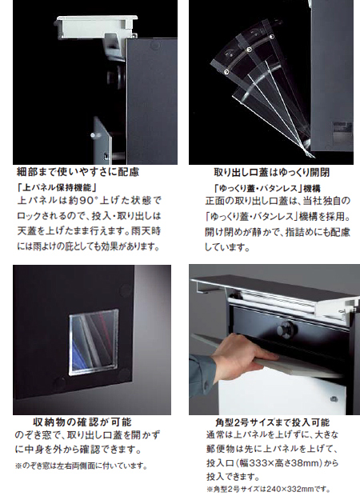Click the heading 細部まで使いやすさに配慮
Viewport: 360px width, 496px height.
78,172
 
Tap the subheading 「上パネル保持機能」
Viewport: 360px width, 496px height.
57,188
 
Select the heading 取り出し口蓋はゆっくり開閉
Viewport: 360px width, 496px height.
272,172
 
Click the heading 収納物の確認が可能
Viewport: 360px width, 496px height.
82,422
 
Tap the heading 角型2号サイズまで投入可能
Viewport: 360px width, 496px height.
272,422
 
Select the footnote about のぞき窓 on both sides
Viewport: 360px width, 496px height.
82,466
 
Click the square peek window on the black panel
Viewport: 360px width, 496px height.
94,342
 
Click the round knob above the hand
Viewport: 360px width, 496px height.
286,329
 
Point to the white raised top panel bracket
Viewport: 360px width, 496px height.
97,27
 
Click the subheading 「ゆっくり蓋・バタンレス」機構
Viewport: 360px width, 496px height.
267,189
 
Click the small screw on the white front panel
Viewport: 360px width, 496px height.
333,399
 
